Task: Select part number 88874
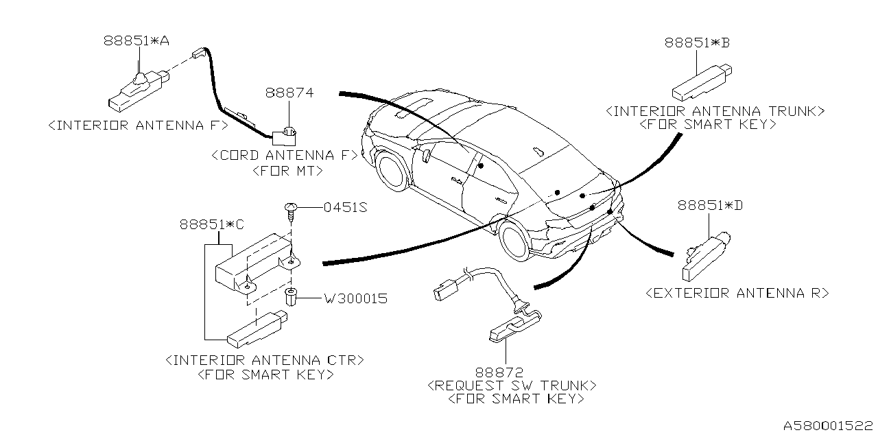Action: point(290,92)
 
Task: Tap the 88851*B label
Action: point(696,43)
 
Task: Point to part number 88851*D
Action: point(710,205)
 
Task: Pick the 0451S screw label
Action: point(346,206)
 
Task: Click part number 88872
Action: point(506,372)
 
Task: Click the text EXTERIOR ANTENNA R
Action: point(737,294)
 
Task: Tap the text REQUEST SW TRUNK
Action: point(512,385)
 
